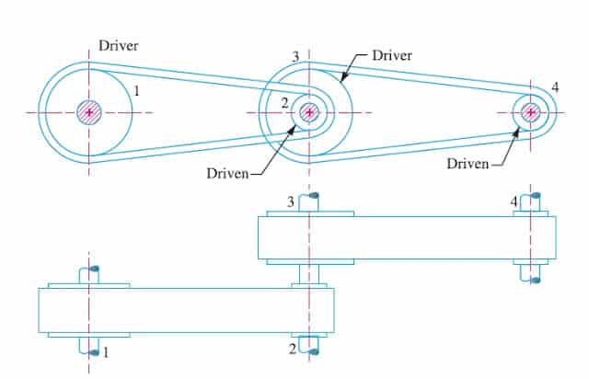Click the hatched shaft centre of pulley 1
(x=88, y=112)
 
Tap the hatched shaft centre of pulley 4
(x=530, y=112)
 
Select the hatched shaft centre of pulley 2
(x=309, y=112)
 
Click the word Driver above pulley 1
(x=120, y=44)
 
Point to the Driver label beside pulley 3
(x=392, y=55)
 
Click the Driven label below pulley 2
(x=228, y=173)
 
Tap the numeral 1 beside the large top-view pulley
(x=136, y=90)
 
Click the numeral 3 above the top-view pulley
(x=295, y=57)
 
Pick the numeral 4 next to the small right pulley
(x=555, y=87)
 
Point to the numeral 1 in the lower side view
(x=105, y=350)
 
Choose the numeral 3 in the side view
(x=291, y=201)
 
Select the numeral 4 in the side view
(x=514, y=201)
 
